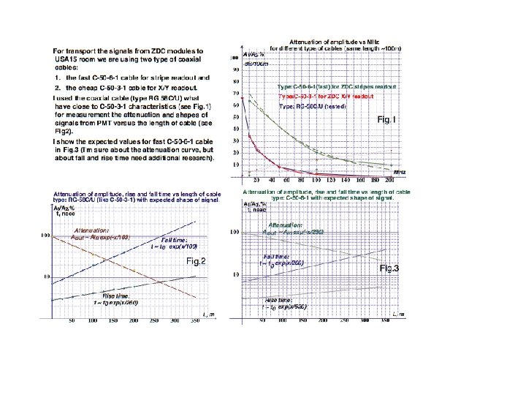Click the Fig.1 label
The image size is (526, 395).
pos(386,118)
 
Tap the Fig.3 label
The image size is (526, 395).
pos(389,269)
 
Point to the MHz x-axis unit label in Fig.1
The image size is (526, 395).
pos(400,172)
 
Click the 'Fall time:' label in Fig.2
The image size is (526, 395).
pos(169,240)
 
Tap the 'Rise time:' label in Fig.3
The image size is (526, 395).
pos(281,300)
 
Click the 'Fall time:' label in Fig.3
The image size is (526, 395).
pos(278,257)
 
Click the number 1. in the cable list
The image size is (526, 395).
pos(57,77)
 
